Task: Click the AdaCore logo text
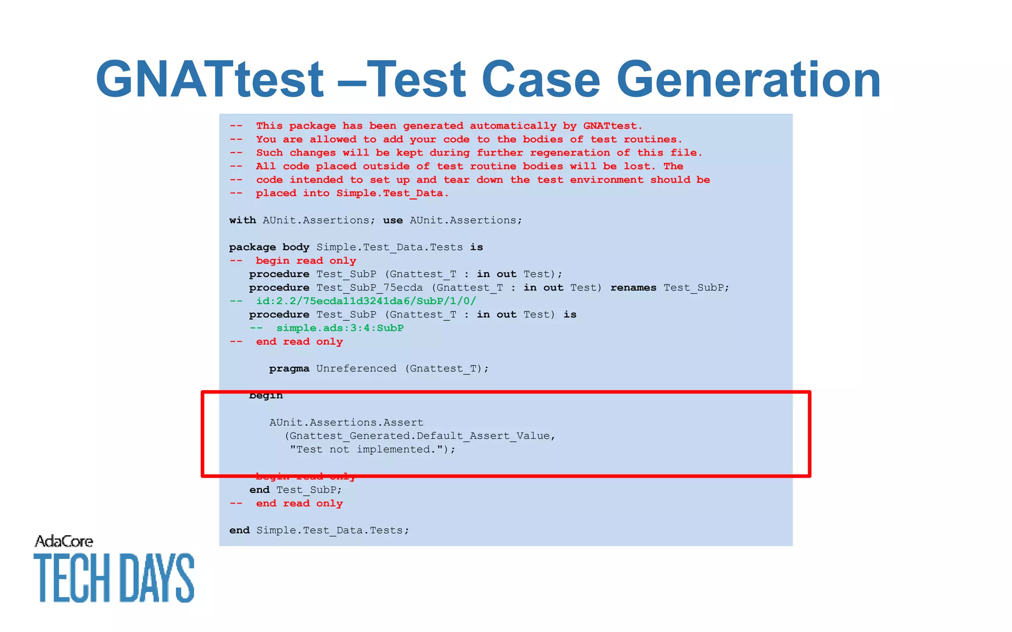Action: click(64, 542)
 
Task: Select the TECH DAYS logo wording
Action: click(114, 578)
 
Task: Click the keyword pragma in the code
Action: click(289, 369)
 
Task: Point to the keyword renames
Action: click(633, 288)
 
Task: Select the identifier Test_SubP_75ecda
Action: click(369, 288)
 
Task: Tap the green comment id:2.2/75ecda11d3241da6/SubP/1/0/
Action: click(366, 301)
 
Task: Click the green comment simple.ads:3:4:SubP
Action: click(340, 328)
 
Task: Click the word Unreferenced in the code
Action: click(356, 369)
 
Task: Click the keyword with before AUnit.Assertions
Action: click(242, 220)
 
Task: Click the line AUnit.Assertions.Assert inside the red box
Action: click(346, 423)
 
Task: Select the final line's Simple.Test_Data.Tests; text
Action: click(333, 531)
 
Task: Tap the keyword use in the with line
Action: click(393, 220)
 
